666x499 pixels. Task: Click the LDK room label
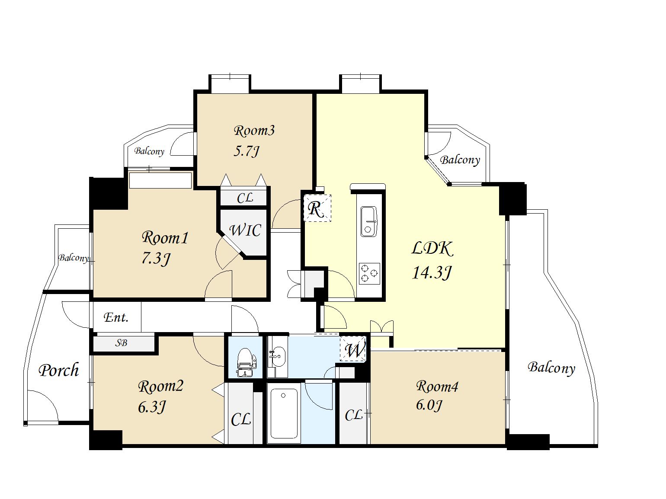pos(432,249)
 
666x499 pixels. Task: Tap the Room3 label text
pos(254,131)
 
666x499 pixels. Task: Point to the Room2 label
pos(160,387)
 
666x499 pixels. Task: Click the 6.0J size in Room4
pos(429,405)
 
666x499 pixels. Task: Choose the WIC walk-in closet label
pos(245,230)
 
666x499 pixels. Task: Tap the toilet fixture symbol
pos(246,362)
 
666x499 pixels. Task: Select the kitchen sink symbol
pos(368,221)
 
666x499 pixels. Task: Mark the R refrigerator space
pos(316,209)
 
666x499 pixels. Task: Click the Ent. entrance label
pos(116,317)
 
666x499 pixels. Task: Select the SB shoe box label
pos(121,343)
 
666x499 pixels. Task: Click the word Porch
pos(59,370)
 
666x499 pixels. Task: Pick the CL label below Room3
pos(245,198)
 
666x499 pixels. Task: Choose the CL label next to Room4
pos(354,415)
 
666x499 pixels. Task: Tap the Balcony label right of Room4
pos(551,368)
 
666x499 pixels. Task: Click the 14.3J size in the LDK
pos(432,273)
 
